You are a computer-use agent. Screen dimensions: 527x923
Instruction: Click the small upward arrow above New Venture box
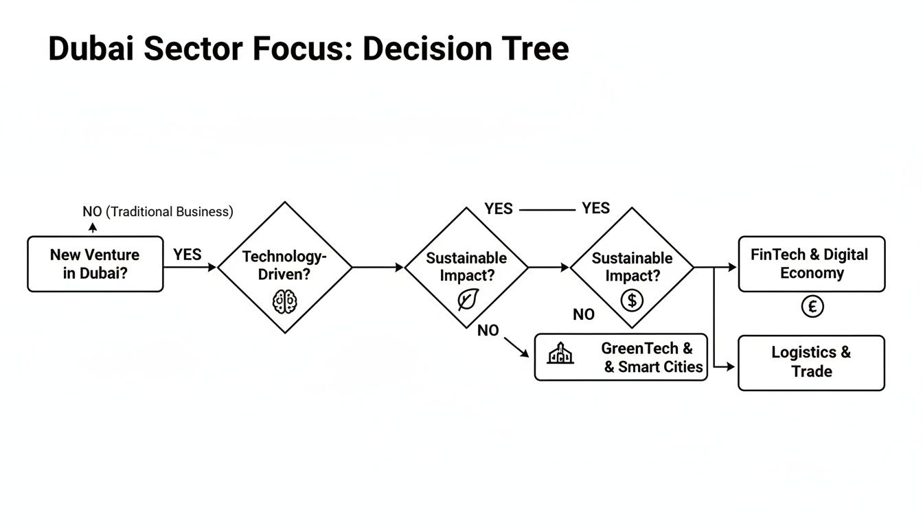[x=93, y=228]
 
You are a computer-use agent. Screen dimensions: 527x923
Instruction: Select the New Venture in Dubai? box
[x=95, y=264]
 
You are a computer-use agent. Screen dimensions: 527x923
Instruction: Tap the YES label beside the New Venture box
[x=187, y=255]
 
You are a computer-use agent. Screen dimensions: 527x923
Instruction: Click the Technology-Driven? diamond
[x=284, y=267]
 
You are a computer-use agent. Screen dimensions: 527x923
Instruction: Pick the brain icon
[x=284, y=301]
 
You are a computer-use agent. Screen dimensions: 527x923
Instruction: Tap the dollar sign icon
[x=632, y=299]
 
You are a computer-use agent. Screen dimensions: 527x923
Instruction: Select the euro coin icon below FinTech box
[x=812, y=307]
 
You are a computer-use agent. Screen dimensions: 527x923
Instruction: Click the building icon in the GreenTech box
[x=560, y=353]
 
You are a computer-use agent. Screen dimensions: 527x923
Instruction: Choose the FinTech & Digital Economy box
[x=811, y=264]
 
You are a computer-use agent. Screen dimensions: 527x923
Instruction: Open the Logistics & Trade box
[x=811, y=362]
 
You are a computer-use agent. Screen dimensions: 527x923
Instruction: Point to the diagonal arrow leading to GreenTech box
[x=517, y=347]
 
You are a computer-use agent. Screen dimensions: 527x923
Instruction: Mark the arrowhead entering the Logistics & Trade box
[x=731, y=367]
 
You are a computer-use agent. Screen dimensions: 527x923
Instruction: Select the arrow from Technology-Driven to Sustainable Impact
[x=378, y=268]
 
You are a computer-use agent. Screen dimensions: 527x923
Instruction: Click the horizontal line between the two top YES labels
[x=547, y=209]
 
